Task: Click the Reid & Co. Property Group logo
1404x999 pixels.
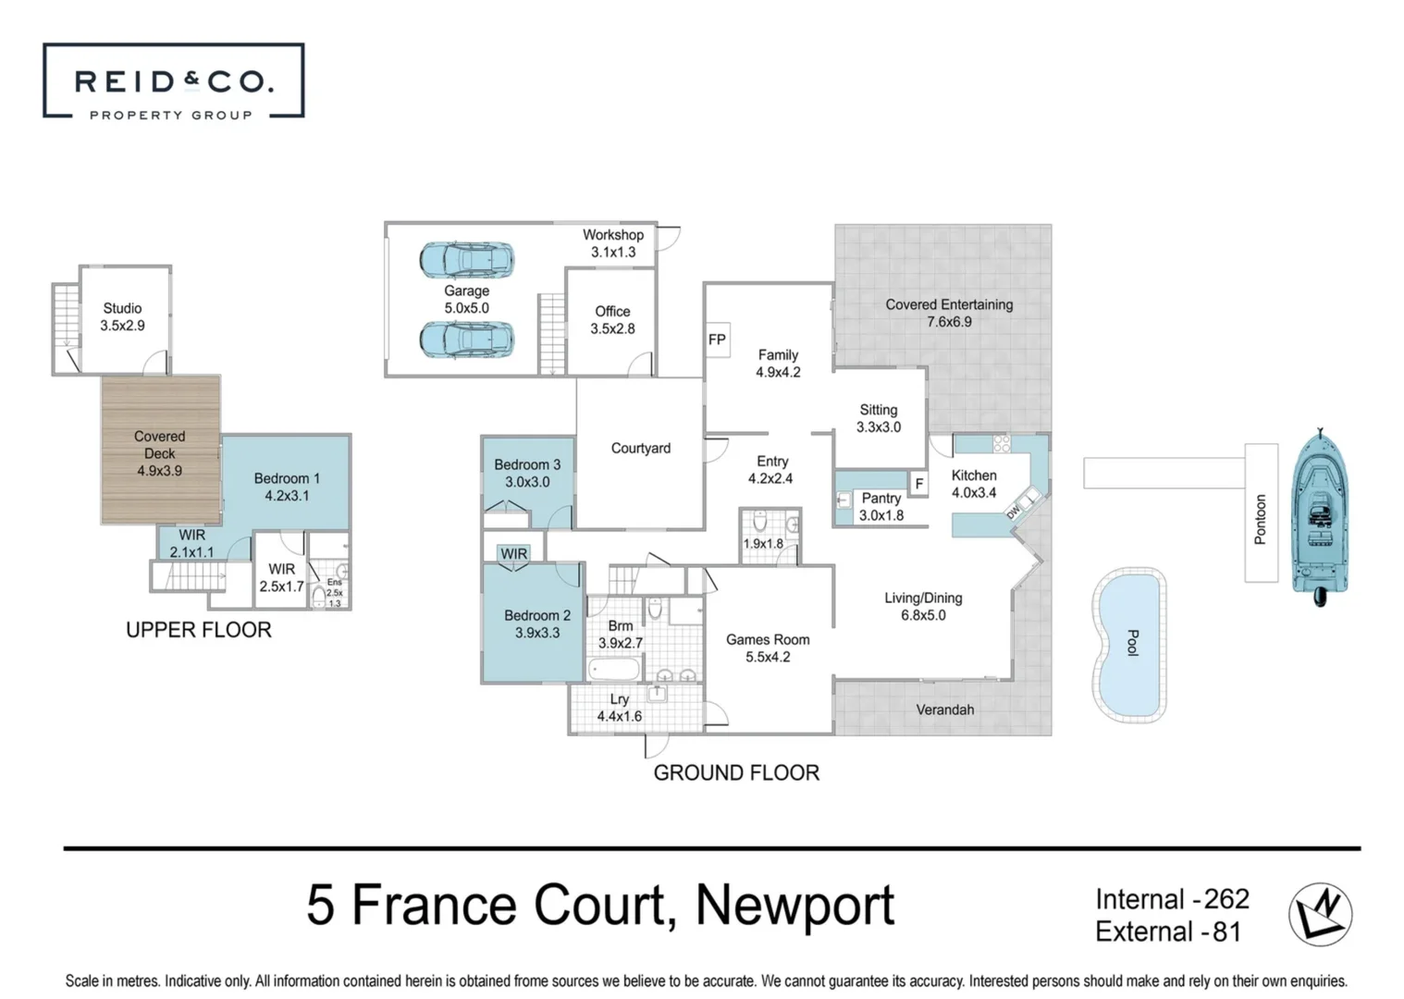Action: click(173, 81)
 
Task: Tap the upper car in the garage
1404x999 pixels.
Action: click(466, 261)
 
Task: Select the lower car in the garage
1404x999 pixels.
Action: click(466, 339)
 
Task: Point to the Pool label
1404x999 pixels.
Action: click(1131, 643)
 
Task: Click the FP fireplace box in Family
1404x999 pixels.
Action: click(717, 339)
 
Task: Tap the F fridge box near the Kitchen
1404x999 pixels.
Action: click(918, 484)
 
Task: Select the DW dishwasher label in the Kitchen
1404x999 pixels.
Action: click(1013, 510)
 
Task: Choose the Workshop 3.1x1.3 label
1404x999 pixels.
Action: click(612, 243)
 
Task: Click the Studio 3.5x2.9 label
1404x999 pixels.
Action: click(122, 316)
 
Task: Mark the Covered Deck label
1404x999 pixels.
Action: click(159, 453)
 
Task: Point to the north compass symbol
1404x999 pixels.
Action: click(1320, 914)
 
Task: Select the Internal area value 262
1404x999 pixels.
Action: click(1226, 899)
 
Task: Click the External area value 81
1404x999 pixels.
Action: click(1225, 931)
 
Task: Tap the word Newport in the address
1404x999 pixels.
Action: click(794, 905)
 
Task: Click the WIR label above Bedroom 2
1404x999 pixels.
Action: click(513, 554)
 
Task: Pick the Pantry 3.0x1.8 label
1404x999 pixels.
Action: click(881, 506)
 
